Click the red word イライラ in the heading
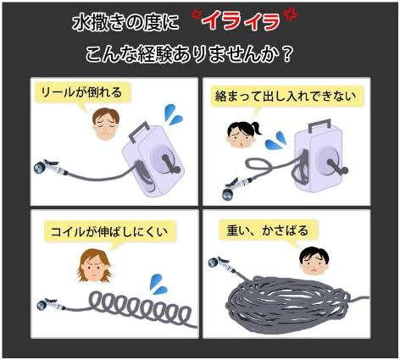(x=242, y=21)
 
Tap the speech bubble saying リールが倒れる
(x=82, y=93)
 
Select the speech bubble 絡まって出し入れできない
(x=286, y=97)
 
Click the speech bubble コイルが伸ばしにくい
(x=109, y=232)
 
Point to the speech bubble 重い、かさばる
(x=268, y=230)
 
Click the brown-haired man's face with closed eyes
(x=106, y=125)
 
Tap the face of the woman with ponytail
(x=242, y=136)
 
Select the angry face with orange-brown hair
(x=94, y=265)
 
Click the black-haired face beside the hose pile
(x=314, y=261)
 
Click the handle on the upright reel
(x=319, y=125)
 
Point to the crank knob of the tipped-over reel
(x=176, y=169)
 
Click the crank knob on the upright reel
(x=344, y=170)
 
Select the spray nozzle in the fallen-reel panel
(x=50, y=167)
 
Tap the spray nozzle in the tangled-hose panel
(x=235, y=186)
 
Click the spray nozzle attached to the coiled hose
(x=50, y=304)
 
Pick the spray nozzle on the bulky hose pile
(x=223, y=264)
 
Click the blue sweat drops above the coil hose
(x=158, y=285)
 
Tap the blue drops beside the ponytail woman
(x=275, y=141)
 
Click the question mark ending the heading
(x=286, y=54)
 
